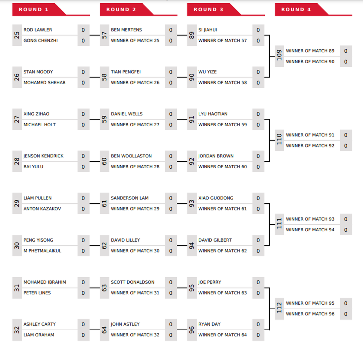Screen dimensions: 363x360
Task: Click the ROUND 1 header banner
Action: click(x=51, y=10)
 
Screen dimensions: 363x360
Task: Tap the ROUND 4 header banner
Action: click(x=313, y=10)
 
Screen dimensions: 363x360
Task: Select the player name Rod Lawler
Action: click(x=38, y=30)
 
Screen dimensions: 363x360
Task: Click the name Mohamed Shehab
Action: click(x=44, y=83)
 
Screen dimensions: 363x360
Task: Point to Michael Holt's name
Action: click(x=40, y=125)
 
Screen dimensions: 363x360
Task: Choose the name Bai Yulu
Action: click(x=33, y=167)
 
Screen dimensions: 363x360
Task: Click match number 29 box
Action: click(x=17, y=203)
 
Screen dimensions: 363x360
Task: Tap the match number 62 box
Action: click(x=104, y=245)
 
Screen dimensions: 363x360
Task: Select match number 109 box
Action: click(x=280, y=56)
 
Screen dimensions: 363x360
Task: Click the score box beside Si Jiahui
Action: click(x=258, y=30)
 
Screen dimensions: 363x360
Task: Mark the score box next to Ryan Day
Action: click(x=258, y=324)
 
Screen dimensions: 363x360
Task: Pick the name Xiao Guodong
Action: click(x=216, y=198)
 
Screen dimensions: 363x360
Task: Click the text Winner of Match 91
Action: click(x=310, y=135)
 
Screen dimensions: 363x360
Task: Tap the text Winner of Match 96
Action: click(x=310, y=314)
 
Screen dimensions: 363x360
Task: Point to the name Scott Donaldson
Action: click(x=132, y=282)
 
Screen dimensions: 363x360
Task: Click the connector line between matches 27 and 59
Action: click(x=95, y=119)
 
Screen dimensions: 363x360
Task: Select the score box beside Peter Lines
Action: click(x=83, y=293)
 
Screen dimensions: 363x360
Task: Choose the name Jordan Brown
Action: click(x=216, y=156)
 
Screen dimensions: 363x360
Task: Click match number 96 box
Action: click(x=192, y=330)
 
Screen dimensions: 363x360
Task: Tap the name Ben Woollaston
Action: click(x=131, y=156)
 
